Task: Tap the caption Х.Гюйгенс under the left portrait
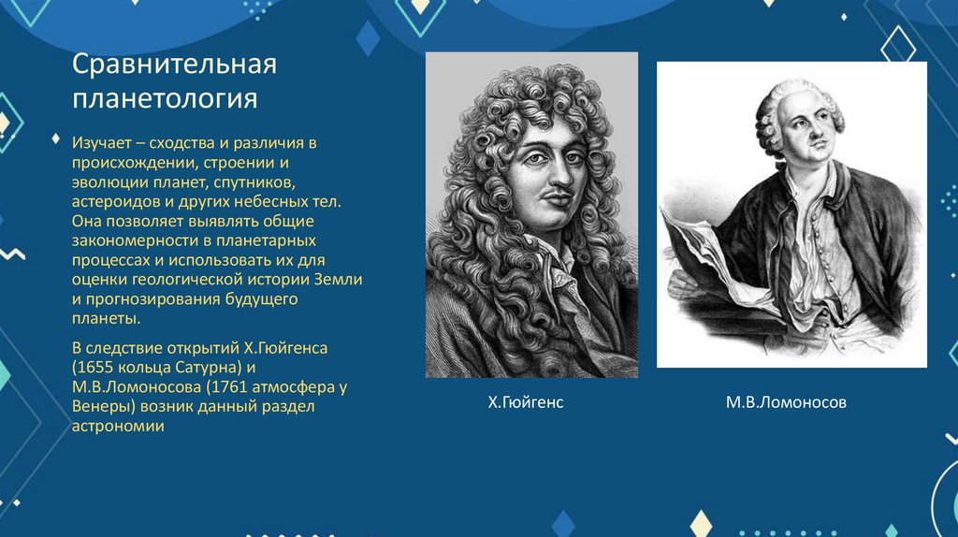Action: (x=526, y=402)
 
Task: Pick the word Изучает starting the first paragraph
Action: (x=100, y=143)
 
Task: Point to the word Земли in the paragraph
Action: (x=341, y=280)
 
